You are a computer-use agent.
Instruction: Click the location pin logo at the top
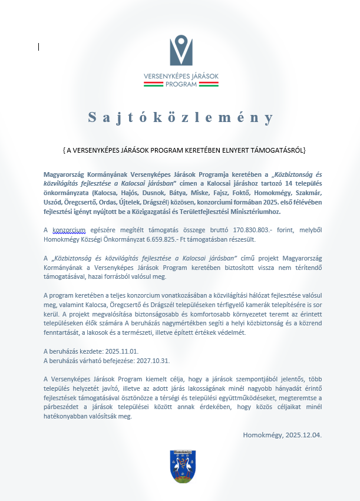181,50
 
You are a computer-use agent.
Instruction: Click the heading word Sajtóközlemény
181,117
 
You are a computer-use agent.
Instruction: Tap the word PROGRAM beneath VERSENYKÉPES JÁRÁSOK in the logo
181,84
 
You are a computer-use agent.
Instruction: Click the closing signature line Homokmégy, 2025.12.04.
282,435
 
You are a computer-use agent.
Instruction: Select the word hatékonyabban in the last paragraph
68,416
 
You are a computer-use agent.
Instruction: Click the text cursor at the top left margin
38,47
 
